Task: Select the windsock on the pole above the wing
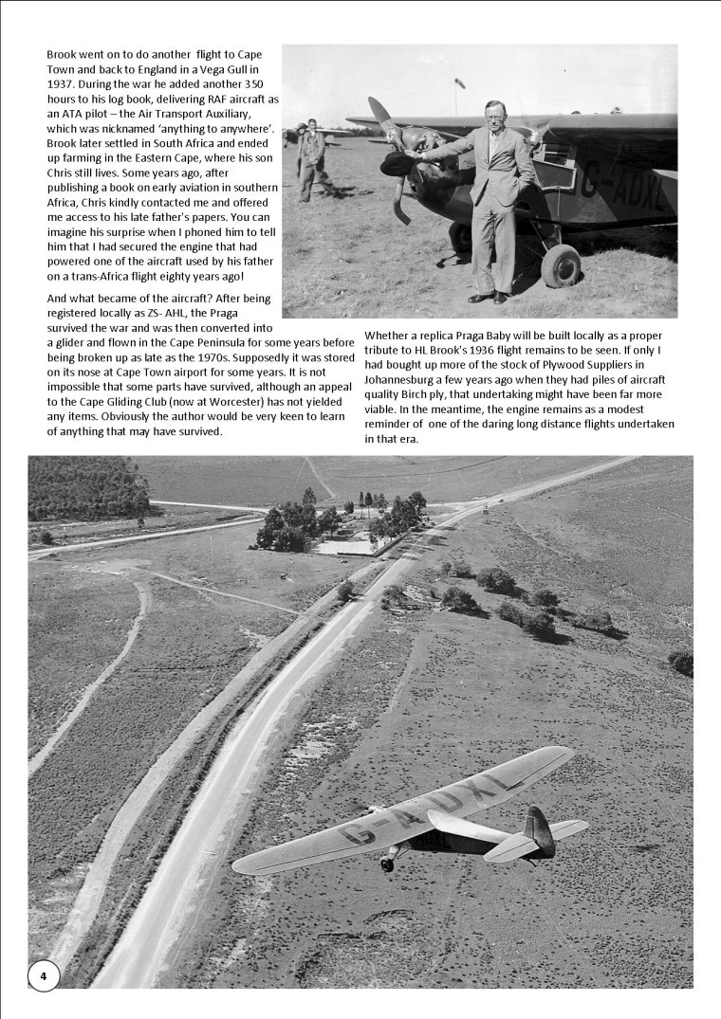coord(460,86)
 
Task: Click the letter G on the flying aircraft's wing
coord(360,834)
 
